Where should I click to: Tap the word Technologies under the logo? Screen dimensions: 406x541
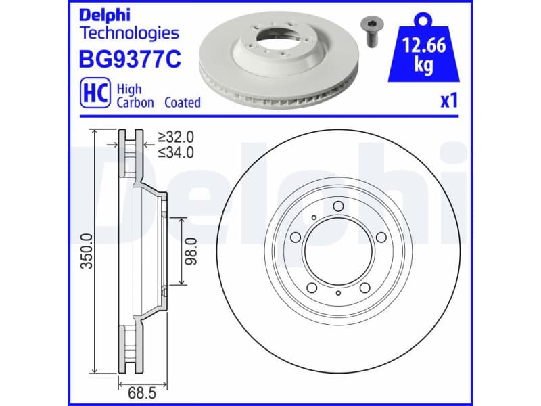click(129, 32)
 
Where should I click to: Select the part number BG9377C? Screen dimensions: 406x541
click(131, 60)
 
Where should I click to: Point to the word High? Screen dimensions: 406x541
click(129, 89)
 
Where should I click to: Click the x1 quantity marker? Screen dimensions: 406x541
click(449, 101)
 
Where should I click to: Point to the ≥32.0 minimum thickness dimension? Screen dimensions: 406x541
click(175, 137)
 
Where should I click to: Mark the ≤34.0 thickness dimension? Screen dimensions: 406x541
click(175, 152)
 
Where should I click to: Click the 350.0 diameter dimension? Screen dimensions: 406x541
click(87, 250)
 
